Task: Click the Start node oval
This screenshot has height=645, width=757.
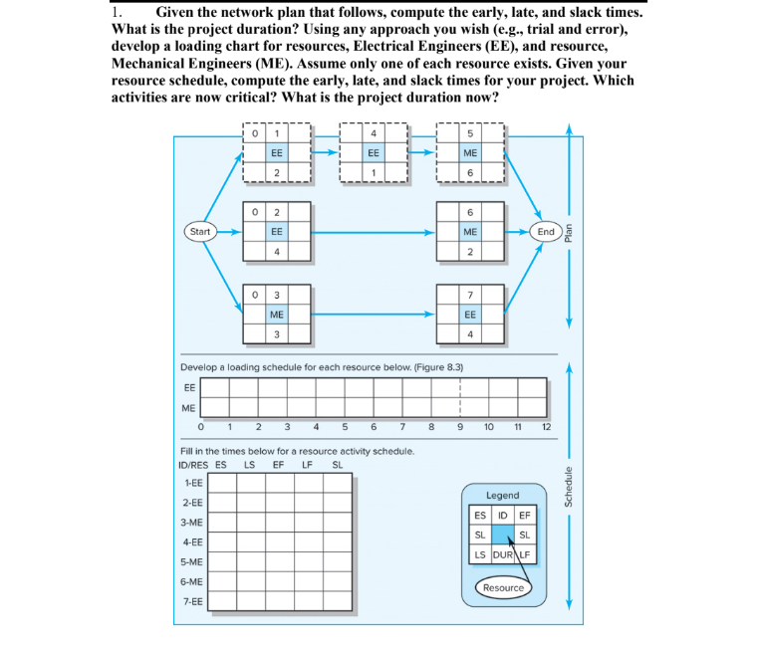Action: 200,231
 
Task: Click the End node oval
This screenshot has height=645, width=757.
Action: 546,231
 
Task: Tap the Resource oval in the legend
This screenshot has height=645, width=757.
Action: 503,587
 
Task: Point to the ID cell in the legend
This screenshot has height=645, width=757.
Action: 502,515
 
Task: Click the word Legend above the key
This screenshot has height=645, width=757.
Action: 502,495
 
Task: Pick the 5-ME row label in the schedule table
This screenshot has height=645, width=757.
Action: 192,561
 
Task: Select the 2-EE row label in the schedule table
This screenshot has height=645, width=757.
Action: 192,503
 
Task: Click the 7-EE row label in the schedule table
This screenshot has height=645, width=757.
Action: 192,601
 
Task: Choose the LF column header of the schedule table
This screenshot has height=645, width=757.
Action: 308,464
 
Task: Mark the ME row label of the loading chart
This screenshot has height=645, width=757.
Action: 188,407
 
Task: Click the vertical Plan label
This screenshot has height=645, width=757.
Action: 569,232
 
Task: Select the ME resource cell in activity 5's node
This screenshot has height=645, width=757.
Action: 470,154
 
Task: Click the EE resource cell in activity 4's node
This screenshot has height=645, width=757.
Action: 373,154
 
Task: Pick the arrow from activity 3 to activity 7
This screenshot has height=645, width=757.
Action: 374,315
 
